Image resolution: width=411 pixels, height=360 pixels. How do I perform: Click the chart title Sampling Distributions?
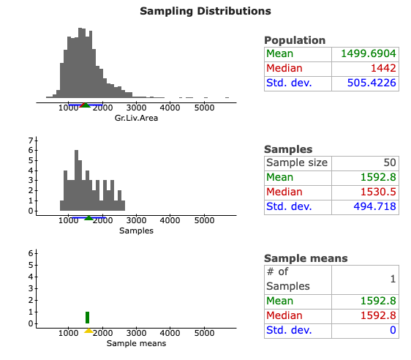coord(205,11)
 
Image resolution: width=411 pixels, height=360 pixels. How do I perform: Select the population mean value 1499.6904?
coord(369,54)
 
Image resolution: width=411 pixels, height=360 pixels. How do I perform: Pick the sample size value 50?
coord(388,162)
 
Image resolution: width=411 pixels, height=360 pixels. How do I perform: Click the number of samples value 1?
coord(393,279)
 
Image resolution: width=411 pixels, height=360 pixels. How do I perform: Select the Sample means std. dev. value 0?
coord(393,329)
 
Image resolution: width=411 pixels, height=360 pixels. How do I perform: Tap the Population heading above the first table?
coord(295,40)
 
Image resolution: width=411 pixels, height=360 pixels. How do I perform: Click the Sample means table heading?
coord(305,258)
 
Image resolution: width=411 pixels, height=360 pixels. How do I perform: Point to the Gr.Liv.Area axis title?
coord(137,119)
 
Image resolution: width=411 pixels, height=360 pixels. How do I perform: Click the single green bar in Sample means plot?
coord(87,317)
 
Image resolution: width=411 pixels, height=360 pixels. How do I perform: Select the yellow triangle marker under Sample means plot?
coord(88,331)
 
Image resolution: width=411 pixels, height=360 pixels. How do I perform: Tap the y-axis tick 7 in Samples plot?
coord(31,140)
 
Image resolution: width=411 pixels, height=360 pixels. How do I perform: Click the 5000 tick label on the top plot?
coord(203,108)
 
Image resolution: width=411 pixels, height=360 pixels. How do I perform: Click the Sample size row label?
coord(297,162)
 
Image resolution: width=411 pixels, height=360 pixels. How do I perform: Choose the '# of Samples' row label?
coord(287,279)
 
